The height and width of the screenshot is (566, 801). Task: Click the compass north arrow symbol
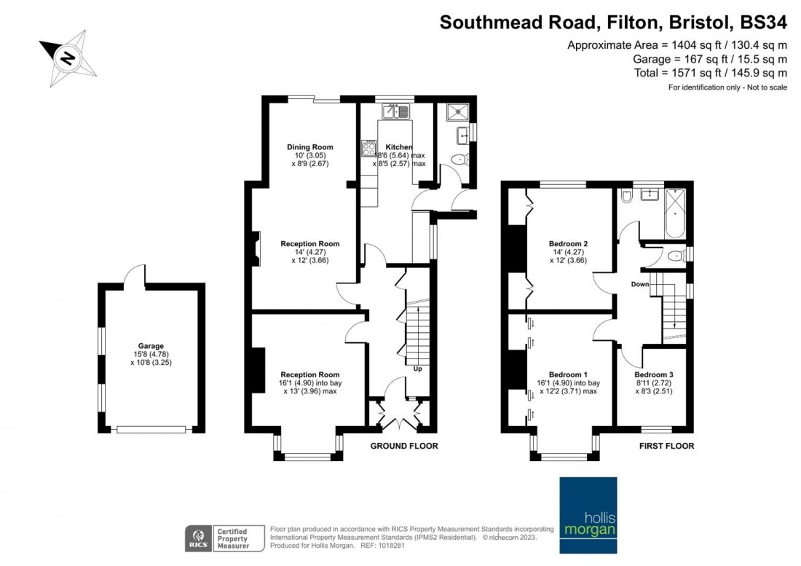point(68,56)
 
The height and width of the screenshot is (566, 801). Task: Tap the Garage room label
point(151,346)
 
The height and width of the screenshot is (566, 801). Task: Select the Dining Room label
point(309,146)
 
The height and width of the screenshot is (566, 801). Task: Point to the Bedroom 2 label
point(568,243)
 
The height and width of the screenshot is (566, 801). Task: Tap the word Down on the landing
point(640,284)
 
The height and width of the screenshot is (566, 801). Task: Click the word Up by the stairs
point(417,369)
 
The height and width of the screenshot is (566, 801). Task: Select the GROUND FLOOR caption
point(404,446)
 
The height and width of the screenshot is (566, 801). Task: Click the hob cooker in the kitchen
point(368,149)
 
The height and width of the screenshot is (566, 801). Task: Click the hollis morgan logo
point(588,508)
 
